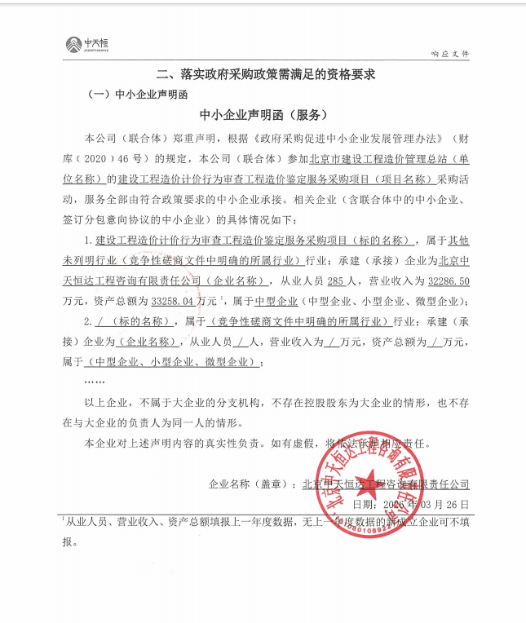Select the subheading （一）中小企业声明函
(135, 95)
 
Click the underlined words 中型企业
(269, 300)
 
